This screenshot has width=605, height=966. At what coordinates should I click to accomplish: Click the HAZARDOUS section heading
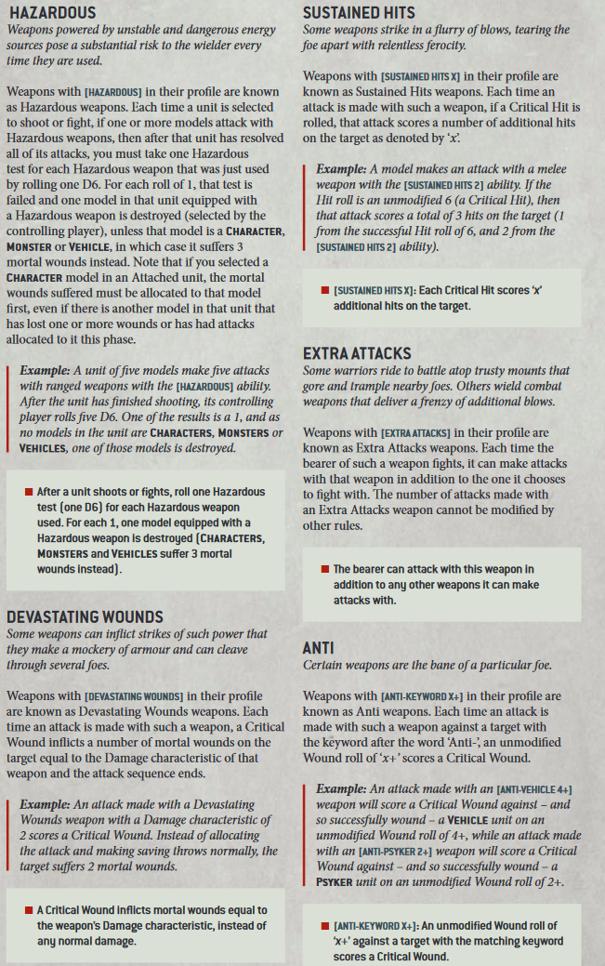(51, 13)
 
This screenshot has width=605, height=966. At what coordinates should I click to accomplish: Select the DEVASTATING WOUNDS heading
(85, 617)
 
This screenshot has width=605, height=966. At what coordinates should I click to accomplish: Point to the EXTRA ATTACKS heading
(357, 354)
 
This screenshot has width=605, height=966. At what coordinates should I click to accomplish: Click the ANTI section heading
(319, 647)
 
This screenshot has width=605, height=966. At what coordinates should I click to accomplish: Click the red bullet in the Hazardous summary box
(29, 492)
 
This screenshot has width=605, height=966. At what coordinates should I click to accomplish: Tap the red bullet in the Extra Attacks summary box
(324, 569)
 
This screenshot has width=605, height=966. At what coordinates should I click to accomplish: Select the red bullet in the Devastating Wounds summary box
(29, 909)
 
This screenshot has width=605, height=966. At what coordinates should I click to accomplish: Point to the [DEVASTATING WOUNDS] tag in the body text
(135, 695)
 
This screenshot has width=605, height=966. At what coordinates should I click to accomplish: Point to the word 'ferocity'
(442, 46)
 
